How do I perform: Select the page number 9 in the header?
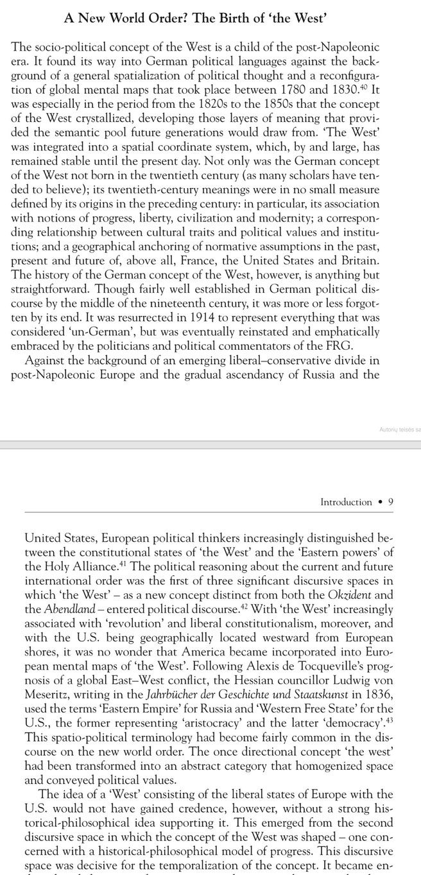point(391,503)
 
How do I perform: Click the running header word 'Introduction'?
point(346,503)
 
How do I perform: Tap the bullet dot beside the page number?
point(381,503)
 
